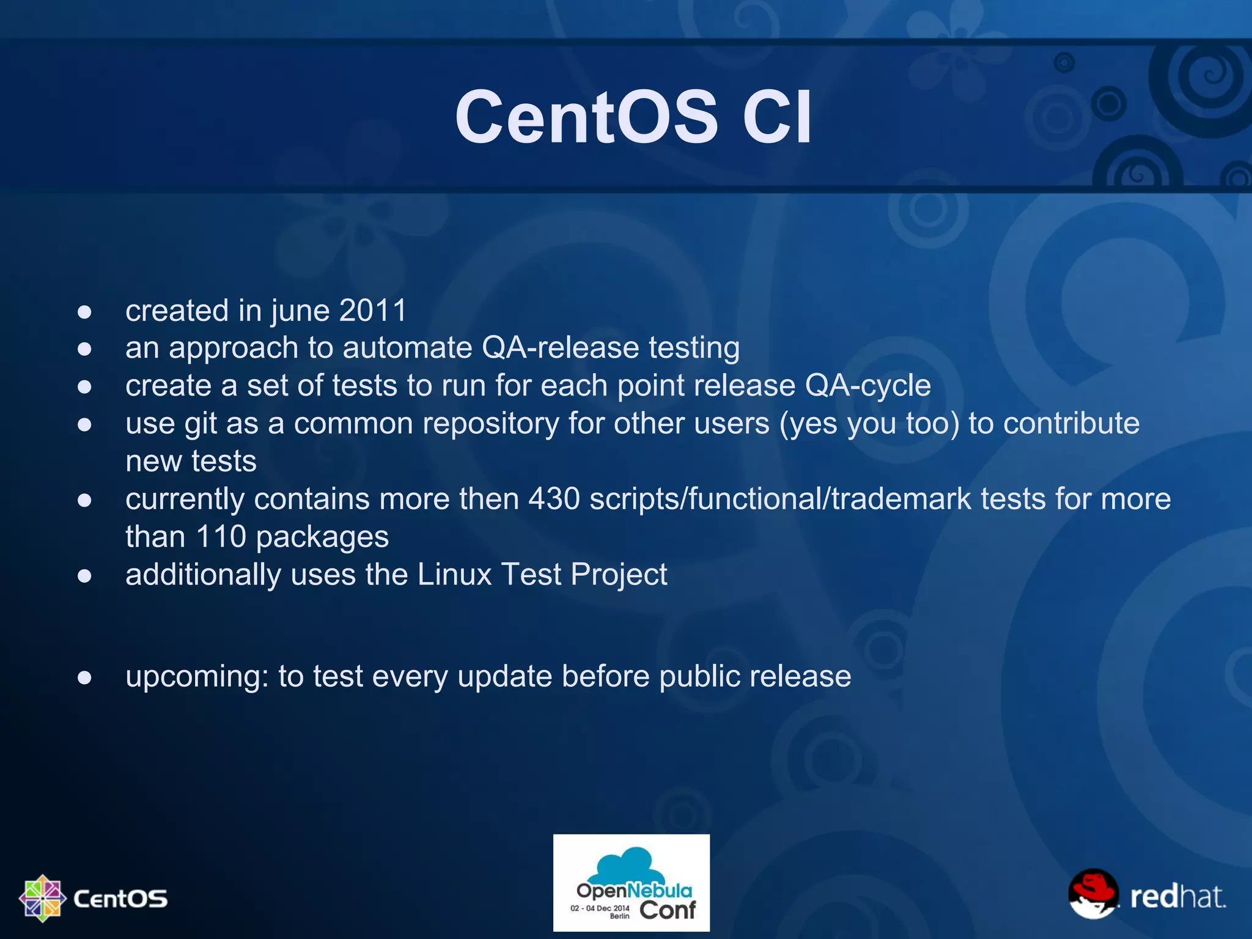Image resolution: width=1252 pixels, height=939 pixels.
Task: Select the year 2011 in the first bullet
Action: point(373,311)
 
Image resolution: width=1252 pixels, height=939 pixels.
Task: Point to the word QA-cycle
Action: point(868,386)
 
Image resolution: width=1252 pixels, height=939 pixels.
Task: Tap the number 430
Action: point(554,499)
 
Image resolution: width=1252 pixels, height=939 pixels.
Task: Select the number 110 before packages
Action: point(221,537)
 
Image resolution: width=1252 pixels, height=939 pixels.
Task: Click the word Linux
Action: point(454,575)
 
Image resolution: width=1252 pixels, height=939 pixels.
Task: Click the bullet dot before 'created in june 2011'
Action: point(85,312)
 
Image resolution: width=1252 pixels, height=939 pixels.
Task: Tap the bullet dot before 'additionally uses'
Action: point(85,576)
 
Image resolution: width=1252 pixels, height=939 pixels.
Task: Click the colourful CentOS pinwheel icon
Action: point(42,898)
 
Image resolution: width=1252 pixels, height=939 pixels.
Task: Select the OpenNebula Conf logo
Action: point(632,883)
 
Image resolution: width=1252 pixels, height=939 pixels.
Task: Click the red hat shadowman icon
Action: point(1093,894)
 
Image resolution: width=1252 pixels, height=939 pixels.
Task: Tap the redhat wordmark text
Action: point(1177,897)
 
